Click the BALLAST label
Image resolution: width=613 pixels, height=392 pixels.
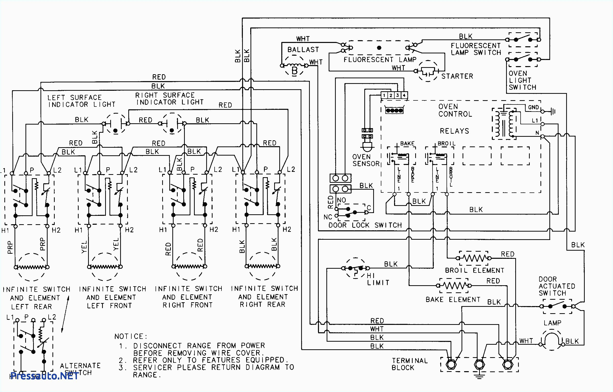coord(303,50)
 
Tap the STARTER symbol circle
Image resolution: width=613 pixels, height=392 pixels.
coord(428,71)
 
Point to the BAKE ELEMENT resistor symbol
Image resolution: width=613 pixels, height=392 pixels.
coord(454,285)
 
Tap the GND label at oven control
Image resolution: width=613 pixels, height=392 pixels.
coord(533,108)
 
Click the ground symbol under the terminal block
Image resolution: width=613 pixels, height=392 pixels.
coord(479,376)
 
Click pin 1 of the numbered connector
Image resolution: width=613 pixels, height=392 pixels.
coord(384,95)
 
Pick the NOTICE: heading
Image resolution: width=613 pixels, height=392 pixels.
coord(131,337)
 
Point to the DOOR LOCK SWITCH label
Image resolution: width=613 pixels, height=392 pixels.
coord(365,225)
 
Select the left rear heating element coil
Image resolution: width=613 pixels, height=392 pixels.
coord(31,267)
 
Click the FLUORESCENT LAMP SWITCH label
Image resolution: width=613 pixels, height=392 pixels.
coord(476,49)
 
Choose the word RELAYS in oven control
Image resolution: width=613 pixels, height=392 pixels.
coord(454,131)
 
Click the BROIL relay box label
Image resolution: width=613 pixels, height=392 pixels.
coord(446,144)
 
